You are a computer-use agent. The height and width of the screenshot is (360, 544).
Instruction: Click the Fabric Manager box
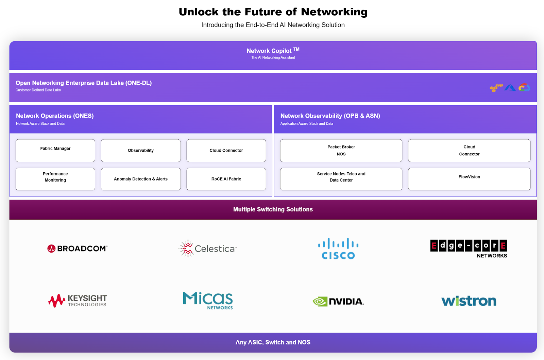pos(55,151)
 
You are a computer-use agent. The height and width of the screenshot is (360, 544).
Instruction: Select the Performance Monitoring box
pos(55,179)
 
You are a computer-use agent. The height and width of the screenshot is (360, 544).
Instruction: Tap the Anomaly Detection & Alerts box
pos(141,179)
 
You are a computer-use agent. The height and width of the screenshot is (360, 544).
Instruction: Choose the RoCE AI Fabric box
pos(226,179)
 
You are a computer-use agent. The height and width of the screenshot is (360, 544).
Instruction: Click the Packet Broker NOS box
pos(341,151)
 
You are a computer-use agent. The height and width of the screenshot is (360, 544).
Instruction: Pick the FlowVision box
pos(469,179)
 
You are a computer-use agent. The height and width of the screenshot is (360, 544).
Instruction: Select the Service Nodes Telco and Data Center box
pos(341,179)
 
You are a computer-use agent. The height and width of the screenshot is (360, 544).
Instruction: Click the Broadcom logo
pos(78,248)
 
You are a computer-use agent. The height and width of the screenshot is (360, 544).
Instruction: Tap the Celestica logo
pos(208,248)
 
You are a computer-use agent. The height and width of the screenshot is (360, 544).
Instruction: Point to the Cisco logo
pos(338,249)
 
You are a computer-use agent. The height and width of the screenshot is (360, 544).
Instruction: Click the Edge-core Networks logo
pos(469,249)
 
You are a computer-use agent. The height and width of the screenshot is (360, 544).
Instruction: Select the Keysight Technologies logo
pos(78,301)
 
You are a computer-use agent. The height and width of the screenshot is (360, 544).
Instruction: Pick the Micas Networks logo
pos(208,301)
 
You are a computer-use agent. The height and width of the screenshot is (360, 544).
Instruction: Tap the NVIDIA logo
pos(338,301)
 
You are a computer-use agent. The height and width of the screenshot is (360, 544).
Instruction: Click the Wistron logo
pos(469,301)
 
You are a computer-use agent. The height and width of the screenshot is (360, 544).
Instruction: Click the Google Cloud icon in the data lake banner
pos(524,88)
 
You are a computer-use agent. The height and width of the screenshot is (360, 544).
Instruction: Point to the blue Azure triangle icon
pos(510,88)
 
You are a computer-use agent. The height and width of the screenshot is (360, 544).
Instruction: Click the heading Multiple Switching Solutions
pos(273,209)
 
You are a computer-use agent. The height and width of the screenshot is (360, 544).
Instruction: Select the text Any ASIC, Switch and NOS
pos(273,342)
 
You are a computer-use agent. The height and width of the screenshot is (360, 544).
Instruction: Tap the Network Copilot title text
pos(269,51)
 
